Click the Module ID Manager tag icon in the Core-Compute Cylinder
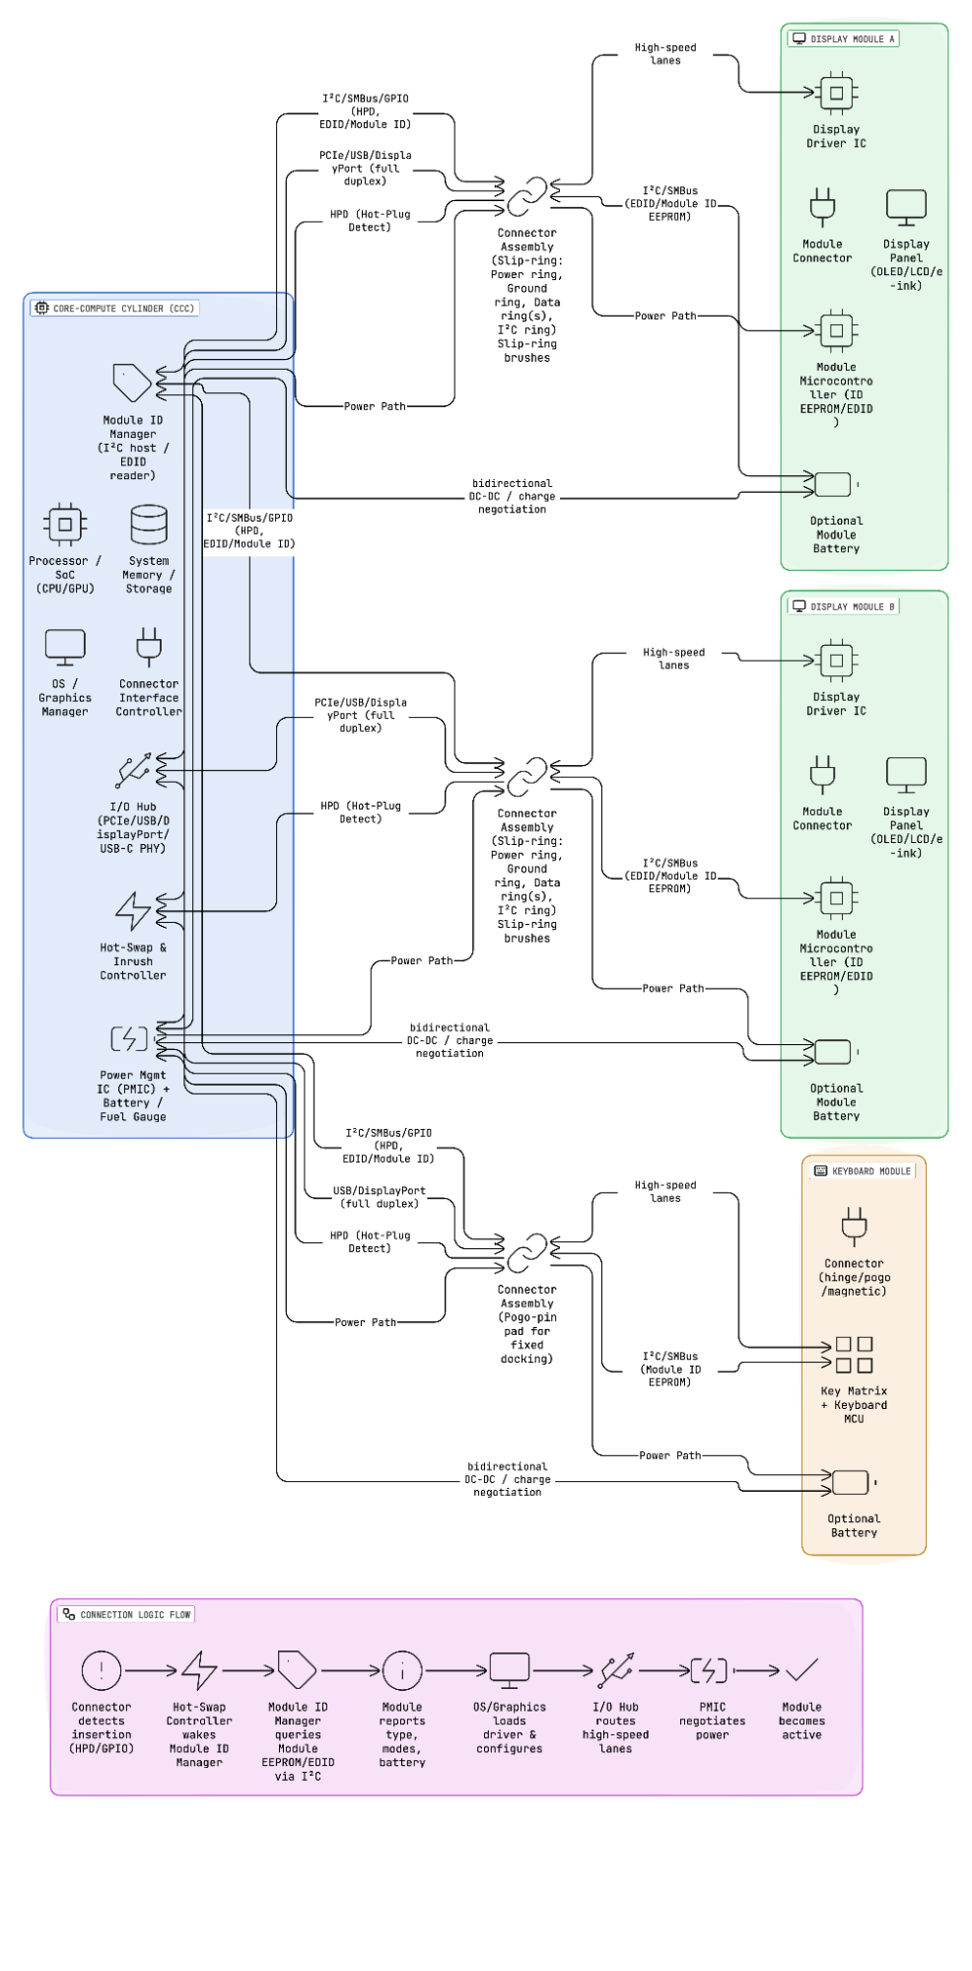pos(132,383)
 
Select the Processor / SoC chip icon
pos(65,525)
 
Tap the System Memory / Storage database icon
pos(149,525)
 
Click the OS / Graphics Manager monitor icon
pos(65,648)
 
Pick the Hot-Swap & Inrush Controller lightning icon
pos(132,912)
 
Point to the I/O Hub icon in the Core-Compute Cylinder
pos(132,771)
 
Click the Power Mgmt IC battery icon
pos(129,1038)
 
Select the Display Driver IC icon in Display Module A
pos(836,94)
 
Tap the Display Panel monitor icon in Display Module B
pos(906,774)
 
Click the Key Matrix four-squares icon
pos(854,1355)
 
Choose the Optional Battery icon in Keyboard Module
pos(851,1482)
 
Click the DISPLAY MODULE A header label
pos(844,39)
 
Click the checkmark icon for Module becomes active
pos(801,1670)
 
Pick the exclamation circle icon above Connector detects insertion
pos(102,1670)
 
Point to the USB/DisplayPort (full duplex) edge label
pos(379,1197)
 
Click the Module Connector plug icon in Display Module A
pos(822,207)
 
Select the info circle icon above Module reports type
pos(402,1670)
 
